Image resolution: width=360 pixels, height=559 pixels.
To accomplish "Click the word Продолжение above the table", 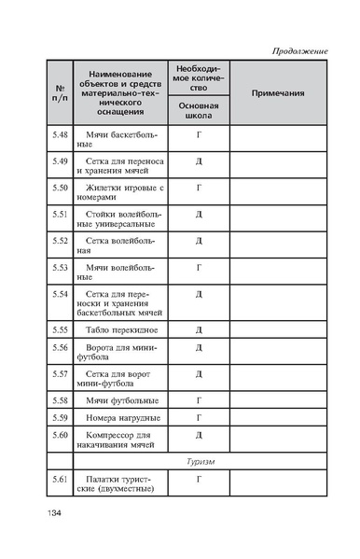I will tap(298, 49).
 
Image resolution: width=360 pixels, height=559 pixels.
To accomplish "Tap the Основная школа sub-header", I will tap(198, 111).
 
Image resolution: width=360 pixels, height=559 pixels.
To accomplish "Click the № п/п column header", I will tap(59, 93).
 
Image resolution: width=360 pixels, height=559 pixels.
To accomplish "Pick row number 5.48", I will tap(60, 136).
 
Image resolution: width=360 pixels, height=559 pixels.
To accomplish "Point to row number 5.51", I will tap(60, 214).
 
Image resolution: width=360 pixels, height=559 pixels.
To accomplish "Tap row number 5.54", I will tap(60, 294).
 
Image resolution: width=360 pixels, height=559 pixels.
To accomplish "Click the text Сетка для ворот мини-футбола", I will tap(118, 378).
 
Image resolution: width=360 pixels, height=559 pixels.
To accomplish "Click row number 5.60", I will tap(60, 435).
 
